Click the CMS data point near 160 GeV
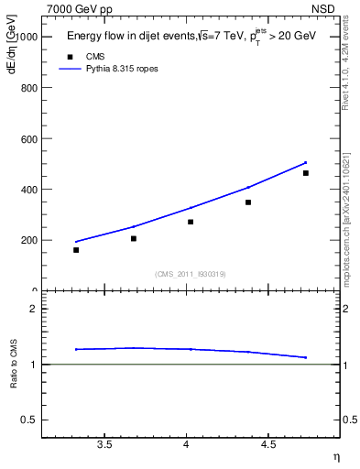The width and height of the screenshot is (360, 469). point(76,250)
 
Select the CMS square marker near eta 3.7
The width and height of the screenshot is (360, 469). point(134,238)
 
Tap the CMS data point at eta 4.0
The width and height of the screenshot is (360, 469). point(191,222)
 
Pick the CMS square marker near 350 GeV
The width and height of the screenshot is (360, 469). point(248,202)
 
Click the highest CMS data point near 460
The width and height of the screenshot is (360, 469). point(305,173)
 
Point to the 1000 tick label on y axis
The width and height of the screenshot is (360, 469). point(27,37)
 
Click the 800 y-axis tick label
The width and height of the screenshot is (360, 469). point(29,88)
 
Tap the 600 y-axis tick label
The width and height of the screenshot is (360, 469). point(29,139)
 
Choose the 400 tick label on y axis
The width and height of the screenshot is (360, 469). point(29,190)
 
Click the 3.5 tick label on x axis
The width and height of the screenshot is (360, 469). point(104,445)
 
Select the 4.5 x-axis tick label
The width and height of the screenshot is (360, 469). point(267,445)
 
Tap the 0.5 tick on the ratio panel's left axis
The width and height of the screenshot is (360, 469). point(33,420)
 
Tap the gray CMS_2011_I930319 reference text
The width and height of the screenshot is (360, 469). point(191,274)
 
